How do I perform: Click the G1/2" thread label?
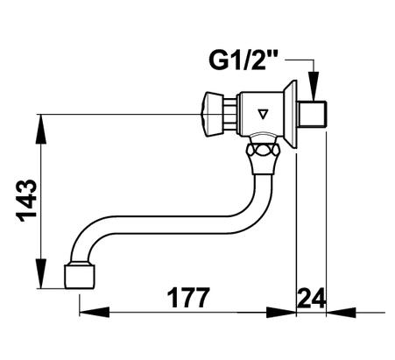pyautogui.click(x=243, y=60)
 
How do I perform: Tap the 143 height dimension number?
pyautogui.click(x=27, y=201)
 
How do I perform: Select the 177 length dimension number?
pyautogui.click(x=188, y=298)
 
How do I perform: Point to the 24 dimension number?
pyautogui.click(x=311, y=298)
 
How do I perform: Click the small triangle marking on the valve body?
pyautogui.click(x=263, y=114)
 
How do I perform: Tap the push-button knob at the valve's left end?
pyautogui.click(x=213, y=114)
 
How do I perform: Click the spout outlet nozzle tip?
pyautogui.click(x=80, y=276)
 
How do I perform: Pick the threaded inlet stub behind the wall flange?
pyautogui.click(x=312, y=114)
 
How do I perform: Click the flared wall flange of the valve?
pyautogui.click(x=291, y=114)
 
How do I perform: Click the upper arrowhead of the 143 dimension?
pyautogui.click(x=41, y=129)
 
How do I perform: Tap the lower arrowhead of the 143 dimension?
pyautogui.click(x=41, y=273)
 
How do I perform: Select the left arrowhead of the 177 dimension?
pyautogui.click(x=95, y=312)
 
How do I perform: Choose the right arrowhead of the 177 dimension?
pyautogui.click(x=281, y=312)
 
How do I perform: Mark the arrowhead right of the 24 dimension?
pyautogui.click(x=341, y=312)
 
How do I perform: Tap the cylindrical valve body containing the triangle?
pyautogui.click(x=262, y=114)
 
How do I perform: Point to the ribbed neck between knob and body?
pyautogui.click(x=231, y=114)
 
